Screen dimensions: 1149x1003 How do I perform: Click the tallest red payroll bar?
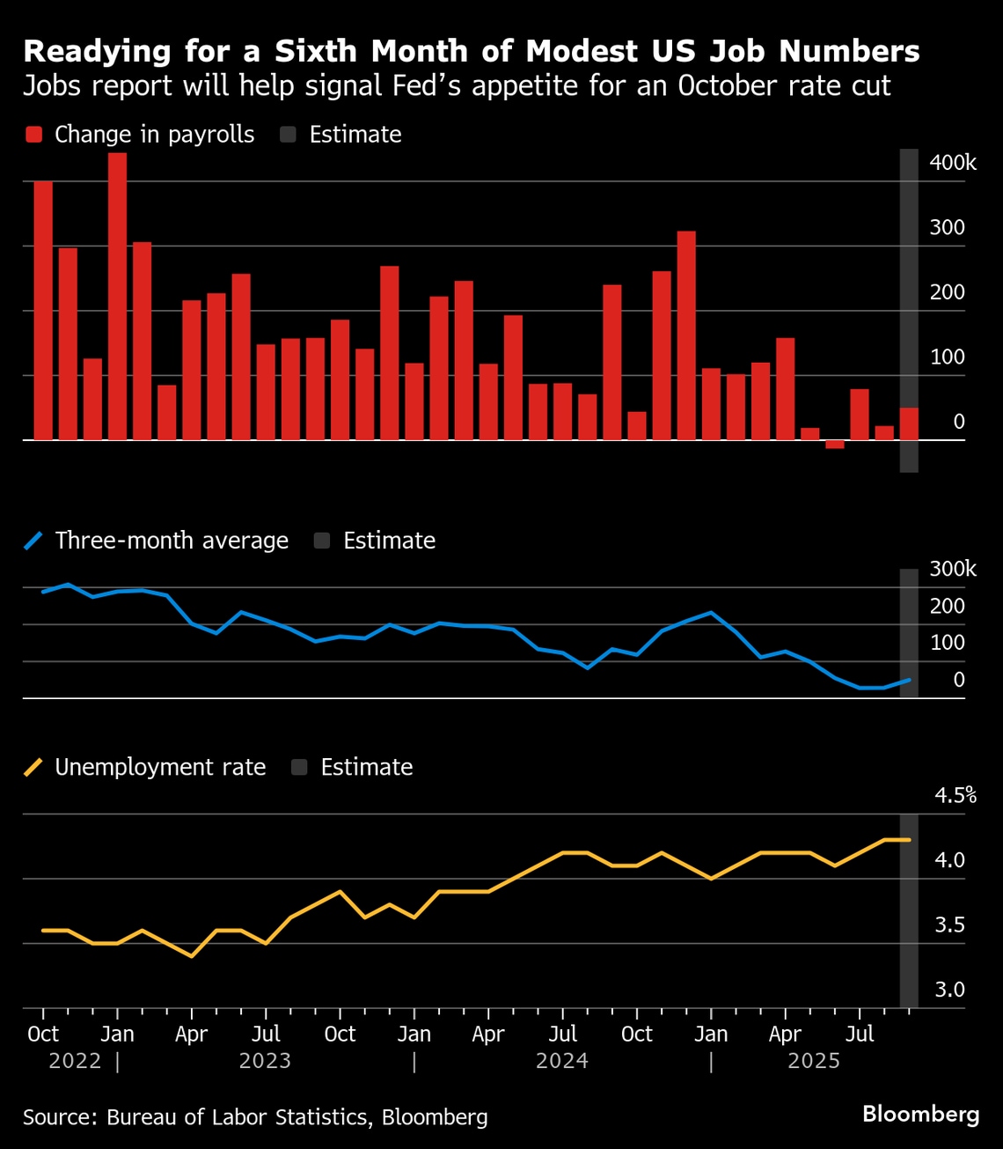tap(117, 296)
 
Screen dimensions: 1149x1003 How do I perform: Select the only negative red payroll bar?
tap(835, 445)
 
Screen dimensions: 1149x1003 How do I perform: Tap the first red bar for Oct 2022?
tap(43, 310)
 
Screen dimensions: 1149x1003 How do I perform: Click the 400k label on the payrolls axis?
tap(953, 163)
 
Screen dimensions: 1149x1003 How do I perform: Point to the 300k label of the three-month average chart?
tap(953, 570)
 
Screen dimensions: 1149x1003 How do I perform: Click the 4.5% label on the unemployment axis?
tap(955, 796)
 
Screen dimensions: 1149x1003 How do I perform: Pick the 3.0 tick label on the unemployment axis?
tap(949, 990)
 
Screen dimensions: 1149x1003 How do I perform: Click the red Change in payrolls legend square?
tap(34, 135)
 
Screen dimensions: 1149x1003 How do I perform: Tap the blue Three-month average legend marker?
tap(34, 541)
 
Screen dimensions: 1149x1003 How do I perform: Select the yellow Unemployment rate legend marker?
tap(34, 768)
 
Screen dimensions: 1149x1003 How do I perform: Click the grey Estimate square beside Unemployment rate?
tap(299, 768)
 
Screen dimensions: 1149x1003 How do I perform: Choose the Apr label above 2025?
tap(785, 1034)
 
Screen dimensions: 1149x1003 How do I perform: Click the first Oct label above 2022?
tap(43, 1034)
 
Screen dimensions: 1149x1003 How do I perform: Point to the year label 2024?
tap(562, 1061)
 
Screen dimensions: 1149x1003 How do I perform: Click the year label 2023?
tap(265, 1061)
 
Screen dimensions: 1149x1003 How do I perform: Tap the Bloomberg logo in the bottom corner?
tap(920, 1115)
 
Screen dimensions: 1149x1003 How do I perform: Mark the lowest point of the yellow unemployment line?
tap(192, 956)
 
